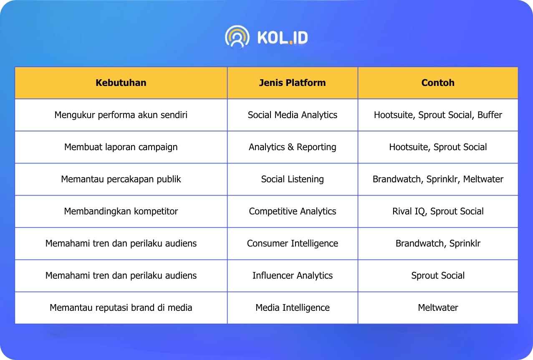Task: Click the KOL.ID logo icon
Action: click(237, 37)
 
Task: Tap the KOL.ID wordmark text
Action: click(283, 38)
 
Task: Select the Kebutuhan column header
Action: click(121, 83)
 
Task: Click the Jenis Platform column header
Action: click(293, 83)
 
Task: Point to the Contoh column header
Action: click(438, 83)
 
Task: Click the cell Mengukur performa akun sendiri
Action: click(121, 115)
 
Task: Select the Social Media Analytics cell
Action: click(293, 115)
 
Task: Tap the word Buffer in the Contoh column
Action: click(490, 115)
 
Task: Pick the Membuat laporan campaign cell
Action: click(121, 147)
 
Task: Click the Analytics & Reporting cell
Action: click(293, 147)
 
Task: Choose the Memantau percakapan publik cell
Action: click(121, 179)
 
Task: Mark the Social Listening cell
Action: click(293, 179)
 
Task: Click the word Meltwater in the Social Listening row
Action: click(483, 179)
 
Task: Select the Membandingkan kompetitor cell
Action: click(121, 211)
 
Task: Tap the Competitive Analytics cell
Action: click(293, 211)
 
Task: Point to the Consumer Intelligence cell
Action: click(293, 244)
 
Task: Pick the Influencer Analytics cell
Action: click(293, 276)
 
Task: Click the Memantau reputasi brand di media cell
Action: click(121, 308)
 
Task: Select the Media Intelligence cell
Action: click(293, 308)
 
